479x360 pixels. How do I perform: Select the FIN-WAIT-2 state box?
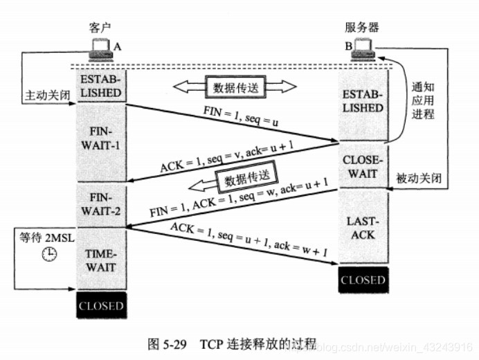coord(101,204)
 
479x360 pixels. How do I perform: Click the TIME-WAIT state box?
coord(101,260)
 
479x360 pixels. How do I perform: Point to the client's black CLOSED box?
coord(101,305)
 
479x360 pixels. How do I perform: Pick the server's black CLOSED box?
coord(362,280)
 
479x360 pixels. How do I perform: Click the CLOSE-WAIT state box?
coord(362,165)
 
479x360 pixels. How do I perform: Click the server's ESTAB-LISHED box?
coord(362,101)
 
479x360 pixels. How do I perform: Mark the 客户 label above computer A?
coord(101,28)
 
